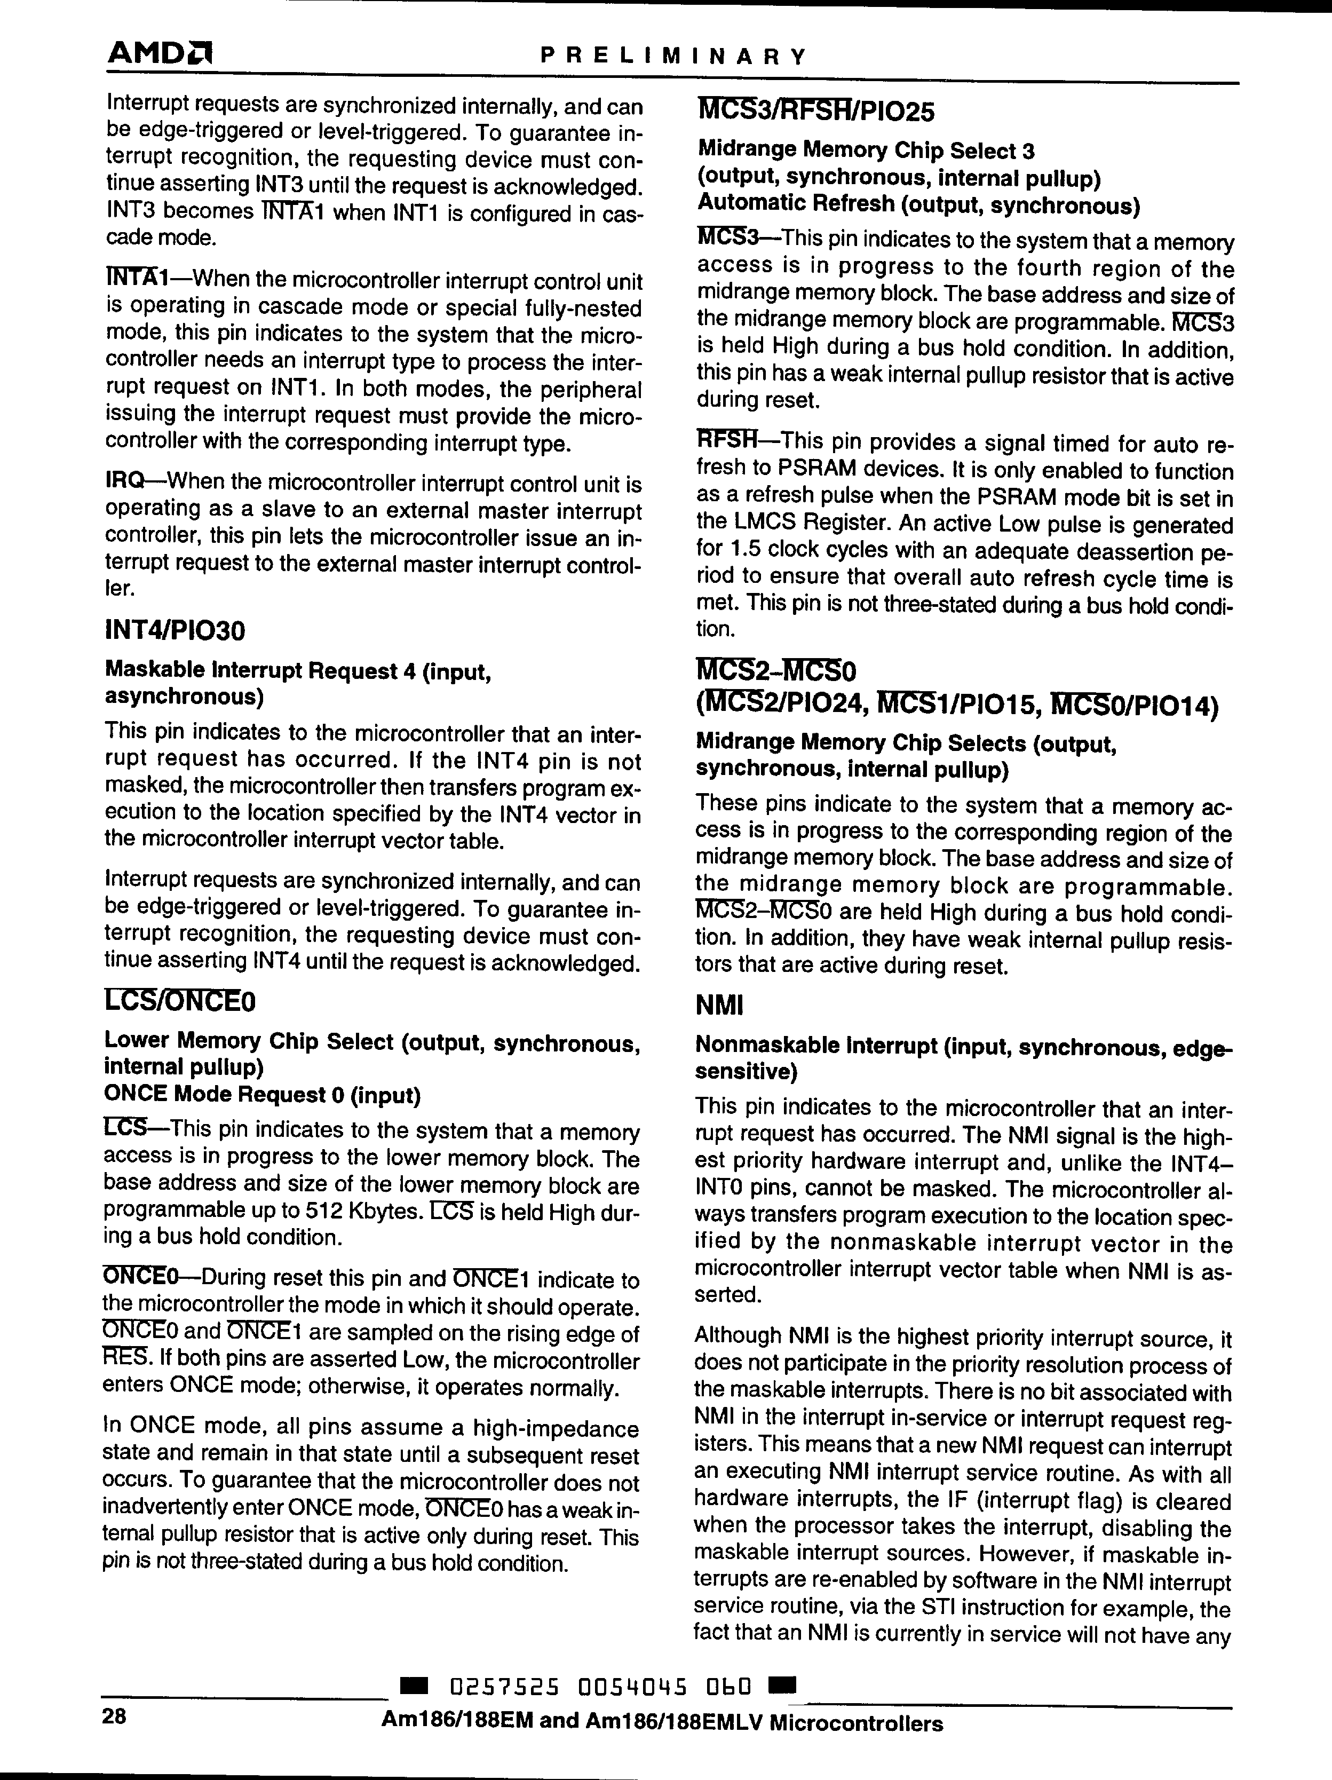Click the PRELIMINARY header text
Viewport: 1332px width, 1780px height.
pos(672,57)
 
